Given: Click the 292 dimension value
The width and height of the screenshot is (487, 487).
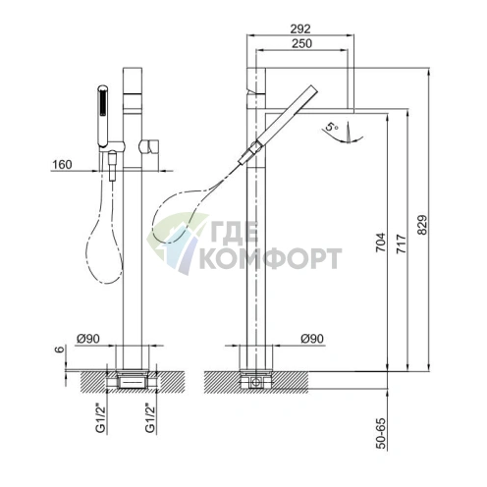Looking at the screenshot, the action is pos(299,28).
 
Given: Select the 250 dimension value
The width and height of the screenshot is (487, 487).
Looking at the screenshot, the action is pos(301,43).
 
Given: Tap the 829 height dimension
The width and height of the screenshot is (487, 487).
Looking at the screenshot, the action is pos(422,225).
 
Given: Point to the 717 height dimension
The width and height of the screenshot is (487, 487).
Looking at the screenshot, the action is pos(402,243).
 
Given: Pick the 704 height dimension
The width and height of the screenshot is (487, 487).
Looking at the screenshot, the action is pos(380,243).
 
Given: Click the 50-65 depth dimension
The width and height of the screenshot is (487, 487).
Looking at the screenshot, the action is pos(380,433).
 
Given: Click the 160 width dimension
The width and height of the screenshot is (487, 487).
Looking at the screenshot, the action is pos(62,164).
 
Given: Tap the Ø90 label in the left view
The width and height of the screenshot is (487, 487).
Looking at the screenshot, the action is pos(88,339).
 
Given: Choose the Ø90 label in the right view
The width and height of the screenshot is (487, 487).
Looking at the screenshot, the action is pos(312,339).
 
